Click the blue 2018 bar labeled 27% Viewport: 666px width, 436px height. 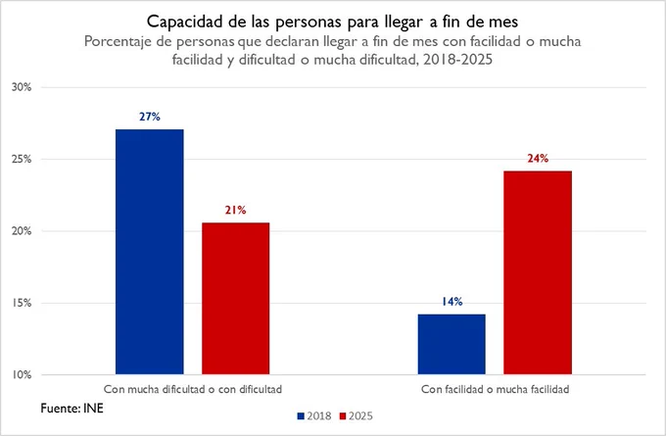point(150,252)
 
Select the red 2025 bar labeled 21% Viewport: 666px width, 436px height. point(236,298)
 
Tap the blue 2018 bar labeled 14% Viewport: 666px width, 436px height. point(452,344)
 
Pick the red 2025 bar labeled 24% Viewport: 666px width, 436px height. point(538,272)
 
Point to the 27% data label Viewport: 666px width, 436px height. point(150,117)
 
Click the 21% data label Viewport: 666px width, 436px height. point(236,210)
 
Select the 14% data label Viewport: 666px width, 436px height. point(452,302)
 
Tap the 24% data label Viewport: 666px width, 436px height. point(538,159)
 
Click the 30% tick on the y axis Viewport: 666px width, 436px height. point(22,87)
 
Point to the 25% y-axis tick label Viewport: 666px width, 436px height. point(22,160)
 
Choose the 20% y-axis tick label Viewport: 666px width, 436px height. point(22,231)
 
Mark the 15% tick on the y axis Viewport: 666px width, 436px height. point(22,303)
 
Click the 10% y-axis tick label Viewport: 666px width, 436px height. point(22,375)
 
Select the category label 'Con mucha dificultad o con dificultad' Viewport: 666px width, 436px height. point(193,389)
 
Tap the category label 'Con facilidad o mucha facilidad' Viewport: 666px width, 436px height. point(495,389)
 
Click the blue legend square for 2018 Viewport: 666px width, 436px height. point(301,416)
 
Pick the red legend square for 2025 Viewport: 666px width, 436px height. point(343,416)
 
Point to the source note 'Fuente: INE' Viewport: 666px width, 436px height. point(71,409)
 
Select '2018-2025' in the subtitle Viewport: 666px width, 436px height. point(457,60)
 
